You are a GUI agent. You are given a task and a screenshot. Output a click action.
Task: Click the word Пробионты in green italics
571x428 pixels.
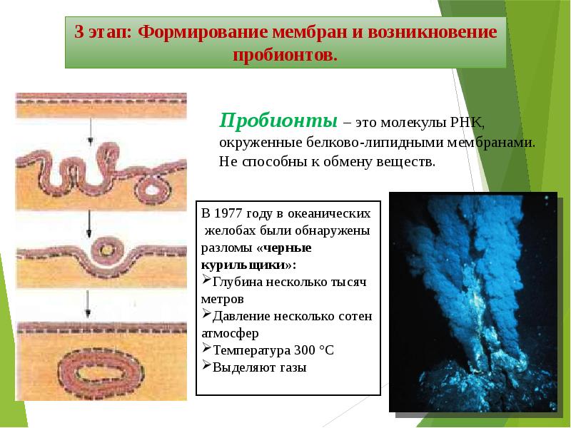pyautogui.click(x=278, y=121)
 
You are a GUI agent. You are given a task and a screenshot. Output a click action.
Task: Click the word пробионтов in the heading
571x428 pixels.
pyautogui.click(x=285, y=55)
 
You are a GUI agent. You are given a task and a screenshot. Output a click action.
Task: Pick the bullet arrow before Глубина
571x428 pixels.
pyautogui.click(x=206, y=280)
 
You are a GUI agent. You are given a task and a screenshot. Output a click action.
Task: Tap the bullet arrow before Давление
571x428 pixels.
pyautogui.click(x=206, y=314)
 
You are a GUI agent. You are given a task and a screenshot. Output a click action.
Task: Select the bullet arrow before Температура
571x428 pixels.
pyautogui.click(x=206, y=348)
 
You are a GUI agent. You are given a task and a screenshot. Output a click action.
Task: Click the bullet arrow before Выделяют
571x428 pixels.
pyautogui.click(x=206, y=365)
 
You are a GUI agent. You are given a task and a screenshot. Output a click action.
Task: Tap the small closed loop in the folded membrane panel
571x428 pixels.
pyautogui.click(x=153, y=189)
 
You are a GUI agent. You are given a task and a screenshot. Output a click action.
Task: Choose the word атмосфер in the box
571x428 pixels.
pyautogui.click(x=230, y=333)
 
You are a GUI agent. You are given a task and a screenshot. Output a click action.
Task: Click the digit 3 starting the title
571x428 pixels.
pyautogui.click(x=79, y=31)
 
